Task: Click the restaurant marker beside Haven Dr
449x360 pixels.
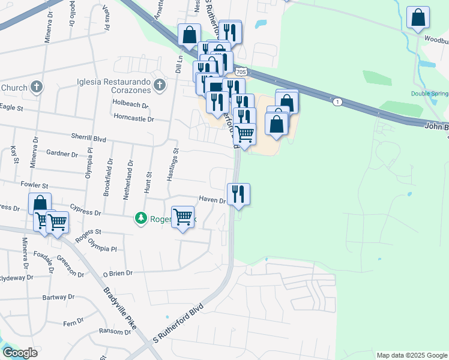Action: (238, 194)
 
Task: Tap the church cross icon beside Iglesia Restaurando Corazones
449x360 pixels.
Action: (160, 85)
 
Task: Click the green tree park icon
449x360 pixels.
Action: (140, 218)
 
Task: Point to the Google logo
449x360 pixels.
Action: (20, 353)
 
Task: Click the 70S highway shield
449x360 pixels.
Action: (241, 72)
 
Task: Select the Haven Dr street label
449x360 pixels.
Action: (212, 200)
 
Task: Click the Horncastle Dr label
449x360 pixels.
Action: (133, 119)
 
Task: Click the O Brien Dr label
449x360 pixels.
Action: (117, 273)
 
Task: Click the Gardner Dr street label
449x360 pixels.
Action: (62, 154)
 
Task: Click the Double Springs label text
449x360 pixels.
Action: (430, 94)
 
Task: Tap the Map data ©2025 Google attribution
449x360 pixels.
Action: (411, 355)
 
